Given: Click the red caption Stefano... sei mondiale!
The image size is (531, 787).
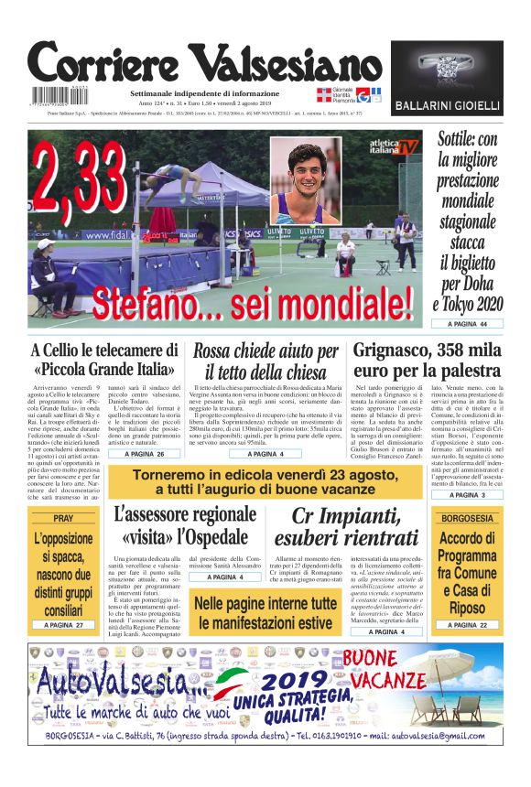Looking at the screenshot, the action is pyautogui.click(x=252, y=301).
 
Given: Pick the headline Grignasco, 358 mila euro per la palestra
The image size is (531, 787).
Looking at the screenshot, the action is pyautogui.click(x=427, y=361).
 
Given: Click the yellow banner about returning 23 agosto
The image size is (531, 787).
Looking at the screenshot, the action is pyautogui.click(x=265, y=481).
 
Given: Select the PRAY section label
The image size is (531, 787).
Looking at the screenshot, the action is pyautogui.click(x=63, y=518).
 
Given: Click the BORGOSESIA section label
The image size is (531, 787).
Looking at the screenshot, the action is pyautogui.click(x=468, y=518).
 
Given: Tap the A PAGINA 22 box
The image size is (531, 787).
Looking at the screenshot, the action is pyautogui.click(x=468, y=625).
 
